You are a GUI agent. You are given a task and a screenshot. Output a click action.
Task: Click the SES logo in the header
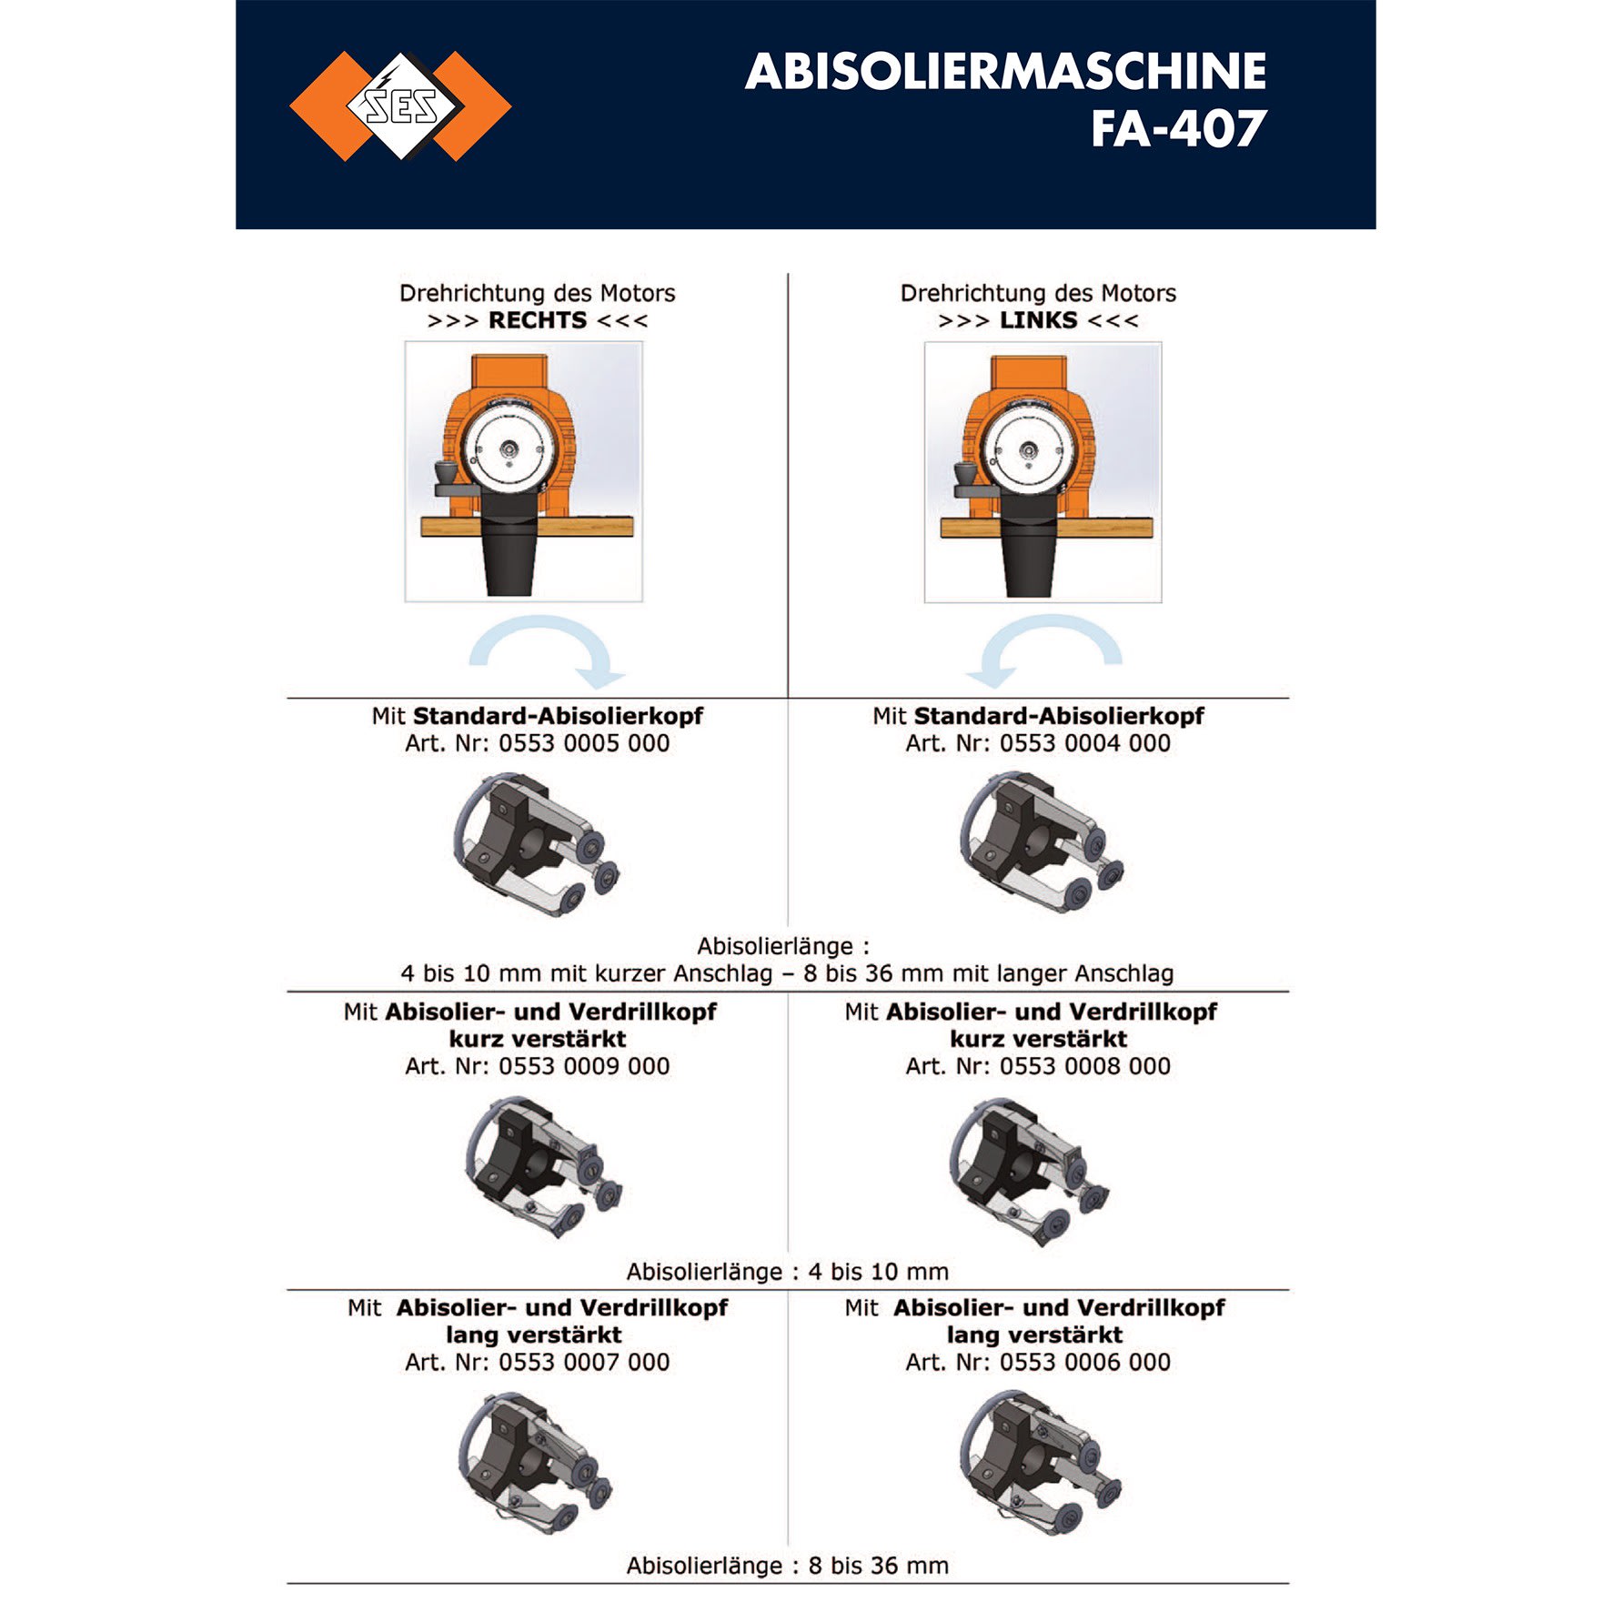(x=400, y=106)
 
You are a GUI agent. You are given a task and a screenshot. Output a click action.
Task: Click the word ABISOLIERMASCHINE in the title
(x=1006, y=72)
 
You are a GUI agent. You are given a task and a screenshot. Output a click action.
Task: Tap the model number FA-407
(x=1179, y=129)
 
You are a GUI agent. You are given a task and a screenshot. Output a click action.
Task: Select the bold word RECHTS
(x=538, y=320)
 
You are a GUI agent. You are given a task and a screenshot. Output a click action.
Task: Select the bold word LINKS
(x=1038, y=320)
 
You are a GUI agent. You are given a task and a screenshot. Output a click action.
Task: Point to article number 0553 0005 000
(x=584, y=743)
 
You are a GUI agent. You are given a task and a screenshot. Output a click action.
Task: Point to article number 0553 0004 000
(x=1085, y=743)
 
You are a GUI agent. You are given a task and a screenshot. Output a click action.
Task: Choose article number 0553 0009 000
(x=584, y=1066)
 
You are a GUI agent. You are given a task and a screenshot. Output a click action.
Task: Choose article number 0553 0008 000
(x=1085, y=1066)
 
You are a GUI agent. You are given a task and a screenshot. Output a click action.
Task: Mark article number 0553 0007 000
(x=584, y=1362)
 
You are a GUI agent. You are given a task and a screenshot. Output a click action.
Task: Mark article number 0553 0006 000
(x=1085, y=1362)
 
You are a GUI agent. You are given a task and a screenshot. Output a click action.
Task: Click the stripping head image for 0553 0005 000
(x=537, y=843)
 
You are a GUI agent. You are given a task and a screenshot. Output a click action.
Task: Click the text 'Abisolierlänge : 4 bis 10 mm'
(x=788, y=1271)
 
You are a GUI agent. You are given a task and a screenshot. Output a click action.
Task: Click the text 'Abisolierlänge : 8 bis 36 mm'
(x=788, y=1566)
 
